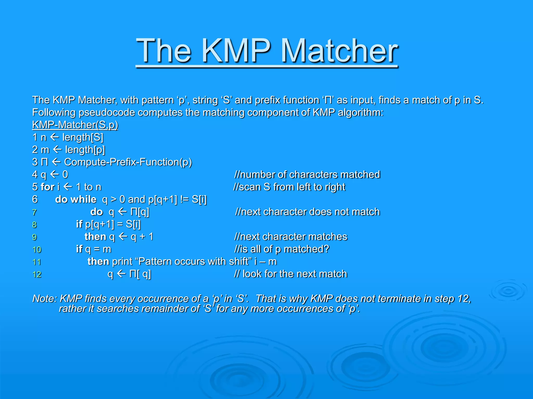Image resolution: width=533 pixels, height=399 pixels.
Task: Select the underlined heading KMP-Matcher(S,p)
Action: [x=75, y=125]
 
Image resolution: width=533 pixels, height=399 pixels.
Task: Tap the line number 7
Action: [x=34, y=212]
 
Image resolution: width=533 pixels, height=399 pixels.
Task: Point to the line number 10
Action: [x=37, y=250]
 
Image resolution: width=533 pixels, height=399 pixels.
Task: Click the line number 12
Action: [x=37, y=275]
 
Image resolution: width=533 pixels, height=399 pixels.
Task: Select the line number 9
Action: [x=34, y=237]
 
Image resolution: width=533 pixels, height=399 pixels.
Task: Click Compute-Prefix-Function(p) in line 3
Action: [x=128, y=162]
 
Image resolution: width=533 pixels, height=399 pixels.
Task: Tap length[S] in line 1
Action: [x=83, y=137]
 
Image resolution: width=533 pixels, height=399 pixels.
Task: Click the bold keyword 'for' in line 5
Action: [x=48, y=187]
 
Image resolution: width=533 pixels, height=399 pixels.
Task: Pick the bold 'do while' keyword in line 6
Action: [x=76, y=199]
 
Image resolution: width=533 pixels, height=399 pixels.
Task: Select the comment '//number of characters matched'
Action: [x=307, y=175]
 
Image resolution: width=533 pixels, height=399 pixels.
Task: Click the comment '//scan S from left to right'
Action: [x=289, y=187]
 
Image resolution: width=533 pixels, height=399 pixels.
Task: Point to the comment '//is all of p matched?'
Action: [x=282, y=249]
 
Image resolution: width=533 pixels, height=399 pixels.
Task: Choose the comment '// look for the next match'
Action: [x=290, y=274]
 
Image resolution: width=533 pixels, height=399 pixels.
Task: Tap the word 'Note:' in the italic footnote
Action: [x=44, y=299]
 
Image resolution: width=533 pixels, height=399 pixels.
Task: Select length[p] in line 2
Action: [x=85, y=150]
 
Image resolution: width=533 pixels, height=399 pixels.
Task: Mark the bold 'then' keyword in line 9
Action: [x=96, y=237]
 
